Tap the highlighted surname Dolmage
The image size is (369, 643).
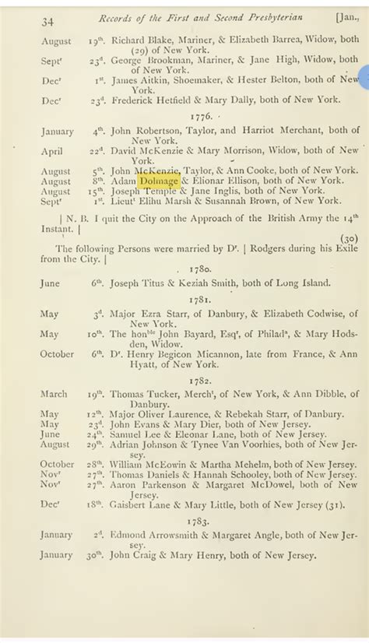160,180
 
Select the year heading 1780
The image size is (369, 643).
202,266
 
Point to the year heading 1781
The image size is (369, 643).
202,298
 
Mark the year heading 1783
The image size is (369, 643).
202,518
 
